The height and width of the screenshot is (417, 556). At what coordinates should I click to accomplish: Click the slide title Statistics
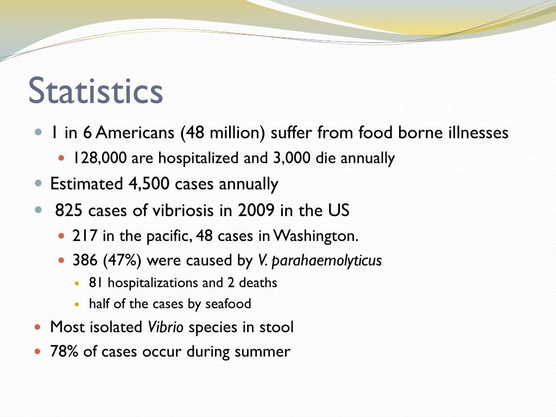pos(96,91)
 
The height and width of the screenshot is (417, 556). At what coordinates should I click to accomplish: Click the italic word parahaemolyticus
pos(326,261)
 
